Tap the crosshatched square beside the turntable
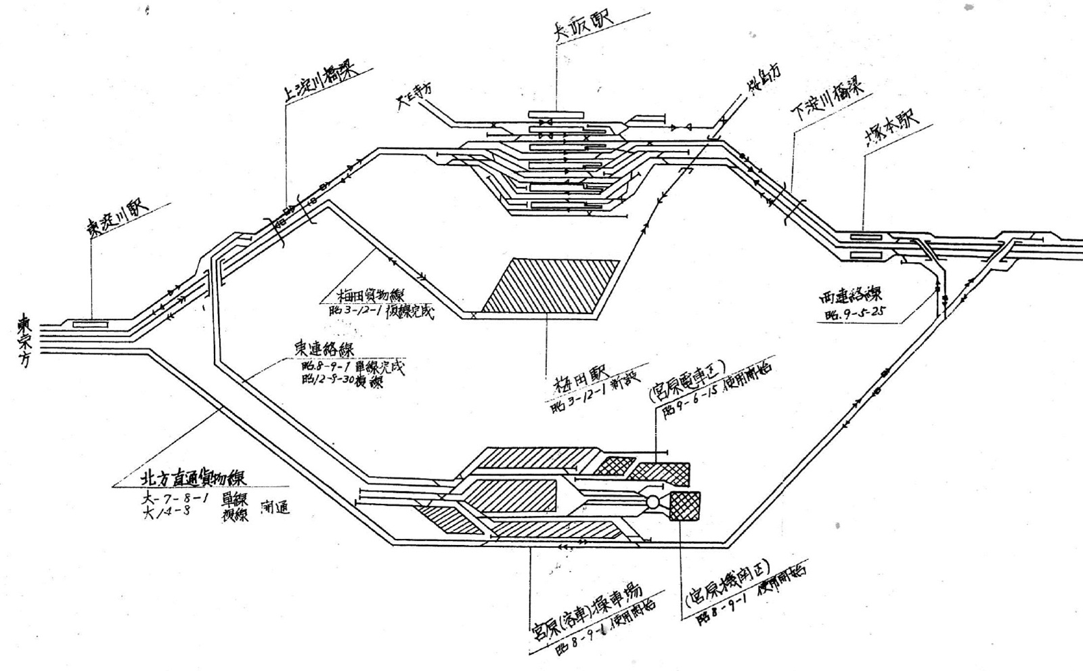click(x=685, y=506)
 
